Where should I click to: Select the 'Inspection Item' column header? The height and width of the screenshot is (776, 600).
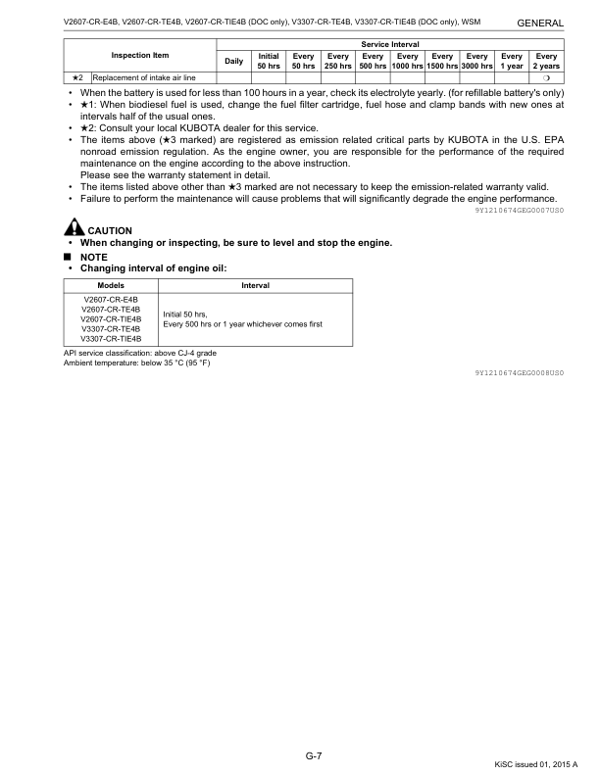[x=140, y=55]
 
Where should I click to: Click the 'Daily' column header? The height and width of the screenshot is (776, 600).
[x=234, y=61]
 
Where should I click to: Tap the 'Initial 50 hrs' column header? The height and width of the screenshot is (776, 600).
[x=268, y=61]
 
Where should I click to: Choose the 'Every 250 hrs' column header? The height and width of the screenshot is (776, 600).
[x=338, y=61]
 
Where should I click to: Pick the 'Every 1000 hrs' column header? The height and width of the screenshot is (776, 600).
[x=407, y=61]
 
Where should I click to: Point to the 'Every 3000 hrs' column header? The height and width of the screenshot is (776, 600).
[x=476, y=61]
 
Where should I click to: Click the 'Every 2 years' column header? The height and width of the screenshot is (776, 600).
[x=546, y=61]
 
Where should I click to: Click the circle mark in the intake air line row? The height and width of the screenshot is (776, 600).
[x=546, y=77]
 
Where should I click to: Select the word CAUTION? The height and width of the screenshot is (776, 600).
[x=110, y=231]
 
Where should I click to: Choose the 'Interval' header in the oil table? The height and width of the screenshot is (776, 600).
[x=255, y=285]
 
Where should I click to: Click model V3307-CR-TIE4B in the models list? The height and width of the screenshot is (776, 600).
[x=113, y=339]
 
